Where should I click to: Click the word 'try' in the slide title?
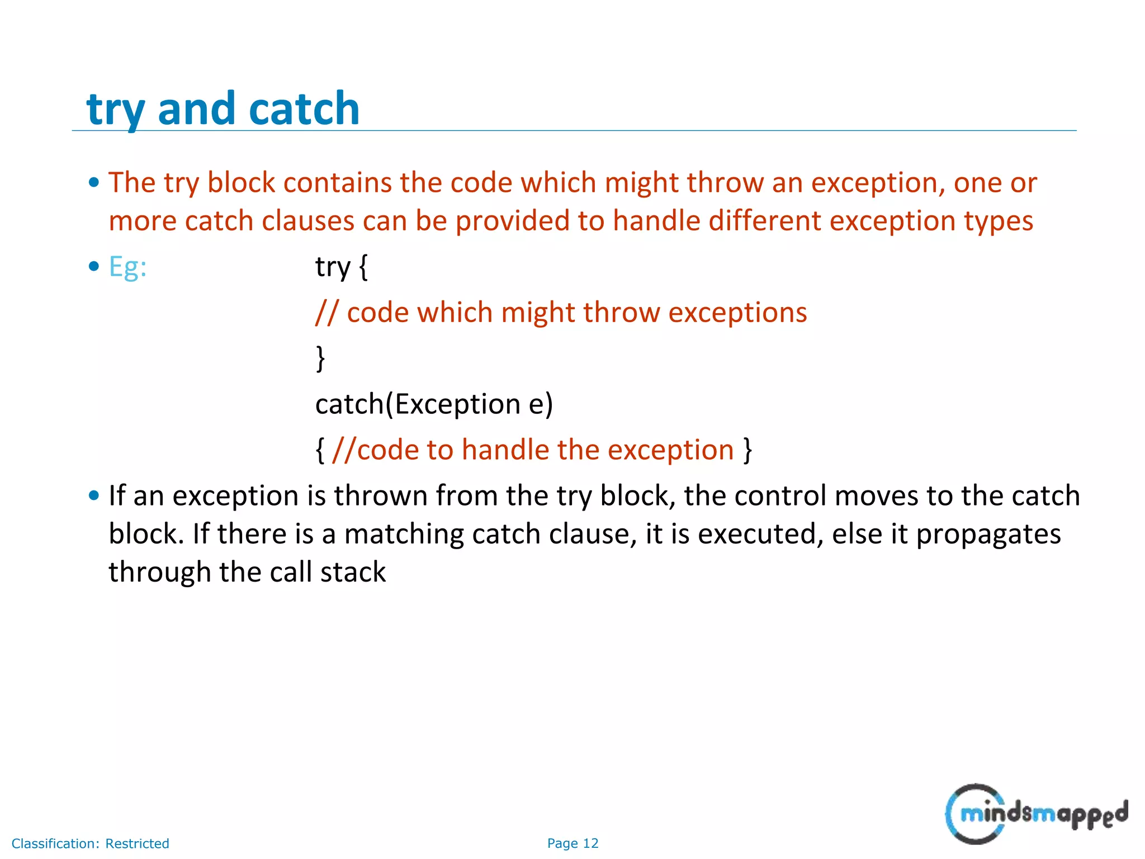116,110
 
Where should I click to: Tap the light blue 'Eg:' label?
127,267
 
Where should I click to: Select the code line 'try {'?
341,267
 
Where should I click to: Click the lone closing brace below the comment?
320,358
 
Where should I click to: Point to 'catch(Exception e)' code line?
434,404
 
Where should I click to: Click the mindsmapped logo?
1036,814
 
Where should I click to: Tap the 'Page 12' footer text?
572,843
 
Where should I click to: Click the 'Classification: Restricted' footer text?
90,843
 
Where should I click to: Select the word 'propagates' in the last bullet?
988,534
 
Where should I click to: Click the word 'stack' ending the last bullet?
353,572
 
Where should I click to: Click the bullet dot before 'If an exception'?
94,495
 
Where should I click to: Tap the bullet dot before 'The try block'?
94,182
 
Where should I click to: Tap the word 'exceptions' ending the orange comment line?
737,312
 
